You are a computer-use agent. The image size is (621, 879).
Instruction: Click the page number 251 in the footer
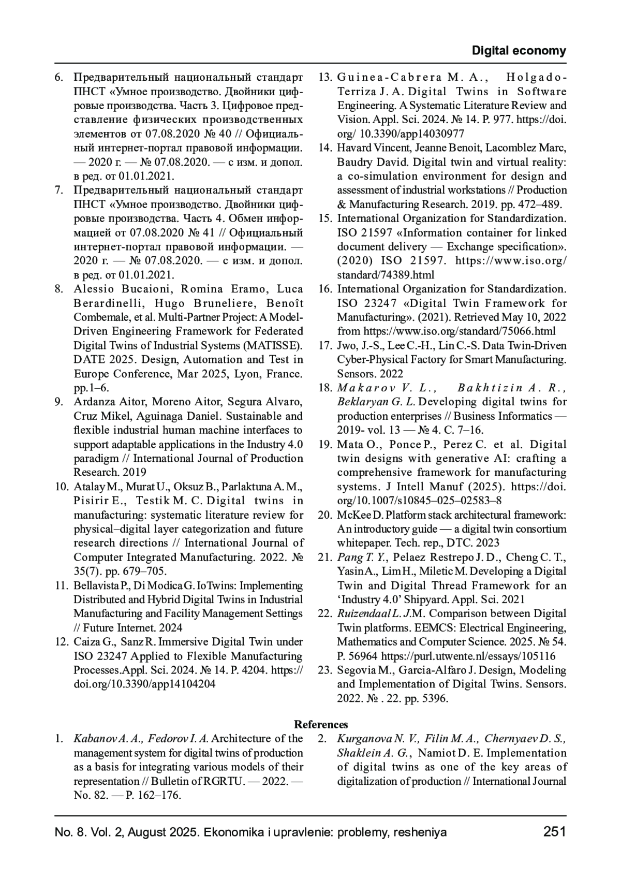pos(555,832)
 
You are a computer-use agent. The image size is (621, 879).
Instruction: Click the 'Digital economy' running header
pos(519,51)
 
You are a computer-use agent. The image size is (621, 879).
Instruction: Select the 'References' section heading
pos(321,725)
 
